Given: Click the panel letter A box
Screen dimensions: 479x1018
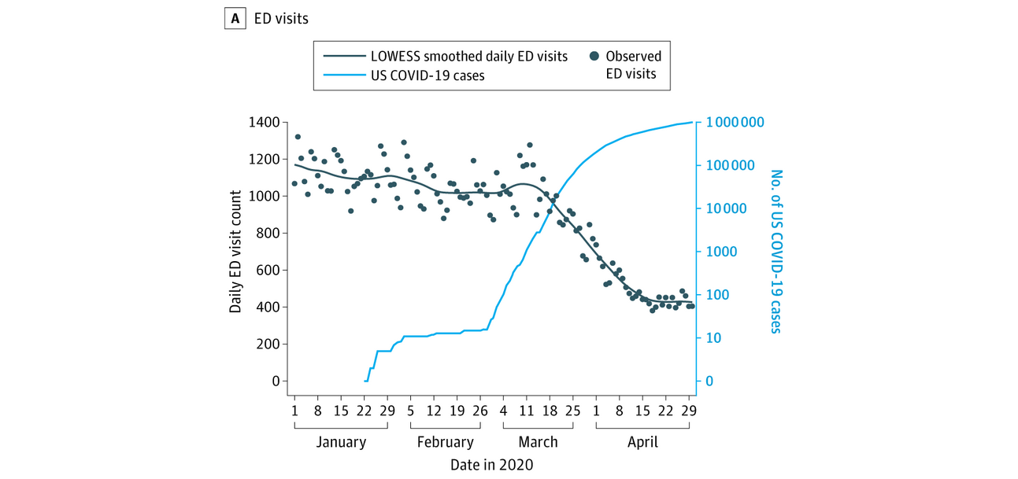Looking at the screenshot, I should [234, 17].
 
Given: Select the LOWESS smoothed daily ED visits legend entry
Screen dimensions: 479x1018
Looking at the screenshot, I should [469, 57].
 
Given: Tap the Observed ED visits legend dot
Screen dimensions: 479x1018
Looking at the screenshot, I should [594, 57].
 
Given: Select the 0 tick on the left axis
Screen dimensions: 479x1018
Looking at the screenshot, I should [276, 381].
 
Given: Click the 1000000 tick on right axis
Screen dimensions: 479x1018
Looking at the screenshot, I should [735, 123].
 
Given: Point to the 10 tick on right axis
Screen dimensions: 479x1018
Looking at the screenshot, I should [713, 338].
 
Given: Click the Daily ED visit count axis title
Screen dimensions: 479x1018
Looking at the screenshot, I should [235, 252].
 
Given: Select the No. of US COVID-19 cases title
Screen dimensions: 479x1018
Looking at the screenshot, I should [776, 252].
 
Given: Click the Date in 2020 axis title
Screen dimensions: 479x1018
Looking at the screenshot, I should [491, 465].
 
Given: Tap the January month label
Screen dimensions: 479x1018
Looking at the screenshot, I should [341, 442].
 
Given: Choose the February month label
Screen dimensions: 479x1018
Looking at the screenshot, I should [446, 442].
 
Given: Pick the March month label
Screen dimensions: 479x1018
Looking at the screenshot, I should [538, 442].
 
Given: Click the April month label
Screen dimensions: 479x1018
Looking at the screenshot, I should [642, 442].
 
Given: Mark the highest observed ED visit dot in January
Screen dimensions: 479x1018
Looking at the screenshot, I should [298, 137].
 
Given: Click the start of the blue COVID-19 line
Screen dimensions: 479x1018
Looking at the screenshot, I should [365, 381].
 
